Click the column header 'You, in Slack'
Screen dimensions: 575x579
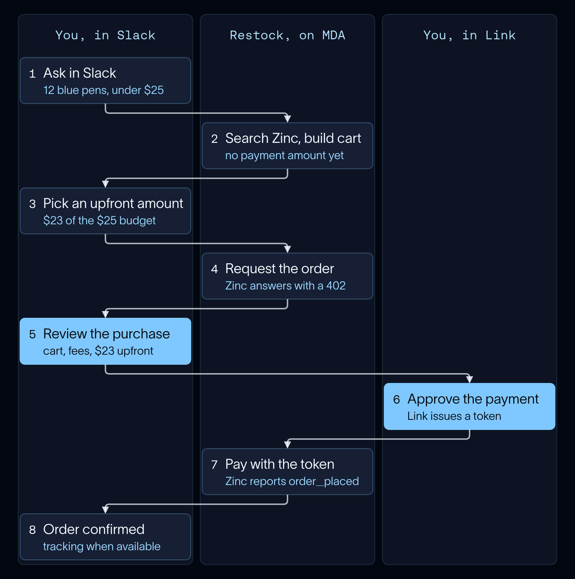[105, 35]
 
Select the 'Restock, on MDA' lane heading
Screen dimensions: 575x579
[287, 35]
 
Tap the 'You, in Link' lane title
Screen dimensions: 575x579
[469, 35]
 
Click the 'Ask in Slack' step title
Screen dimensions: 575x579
[80, 73]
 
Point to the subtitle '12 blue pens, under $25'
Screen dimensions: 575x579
[103, 90]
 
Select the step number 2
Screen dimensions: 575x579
[214, 139]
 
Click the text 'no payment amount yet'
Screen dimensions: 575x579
[284, 155]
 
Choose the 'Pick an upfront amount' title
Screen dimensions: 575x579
[113, 203]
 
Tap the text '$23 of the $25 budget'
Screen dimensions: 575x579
[100, 220]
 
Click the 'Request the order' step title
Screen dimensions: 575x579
[279, 268]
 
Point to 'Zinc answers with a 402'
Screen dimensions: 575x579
[286, 286]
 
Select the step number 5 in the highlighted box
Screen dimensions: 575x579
[32, 335]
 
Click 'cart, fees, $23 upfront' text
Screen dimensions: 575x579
[98, 351]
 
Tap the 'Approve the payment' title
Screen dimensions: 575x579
[473, 399]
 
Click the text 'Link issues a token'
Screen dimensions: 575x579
[454, 416]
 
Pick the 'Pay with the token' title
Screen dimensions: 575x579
[280, 464]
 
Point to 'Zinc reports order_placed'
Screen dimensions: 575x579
[292, 481]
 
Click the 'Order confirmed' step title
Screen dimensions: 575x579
[94, 530]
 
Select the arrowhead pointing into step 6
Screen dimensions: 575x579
[469, 380]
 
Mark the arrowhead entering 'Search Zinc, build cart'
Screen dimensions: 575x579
[287, 119]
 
